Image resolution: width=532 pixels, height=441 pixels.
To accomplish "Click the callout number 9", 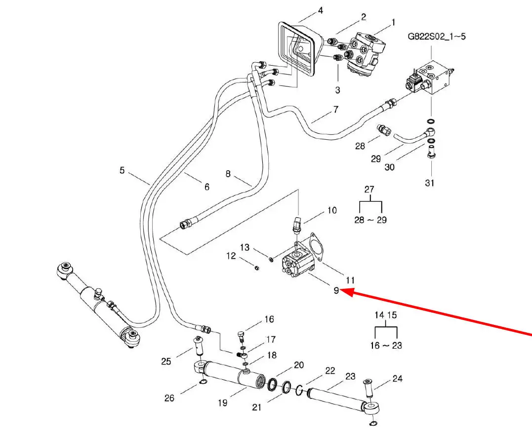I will point(336,290).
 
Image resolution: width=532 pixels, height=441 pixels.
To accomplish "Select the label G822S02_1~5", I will point(436,37).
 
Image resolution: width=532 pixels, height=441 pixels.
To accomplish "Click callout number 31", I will point(430,183).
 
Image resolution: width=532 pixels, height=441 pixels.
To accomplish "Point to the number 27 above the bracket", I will point(369,189).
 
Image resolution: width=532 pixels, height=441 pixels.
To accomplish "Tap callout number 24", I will point(398,379).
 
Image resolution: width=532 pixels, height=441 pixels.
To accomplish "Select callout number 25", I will point(166,361).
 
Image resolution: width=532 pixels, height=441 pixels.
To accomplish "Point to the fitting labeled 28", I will point(383,130).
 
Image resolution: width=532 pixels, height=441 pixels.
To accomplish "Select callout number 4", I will point(320,10).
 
